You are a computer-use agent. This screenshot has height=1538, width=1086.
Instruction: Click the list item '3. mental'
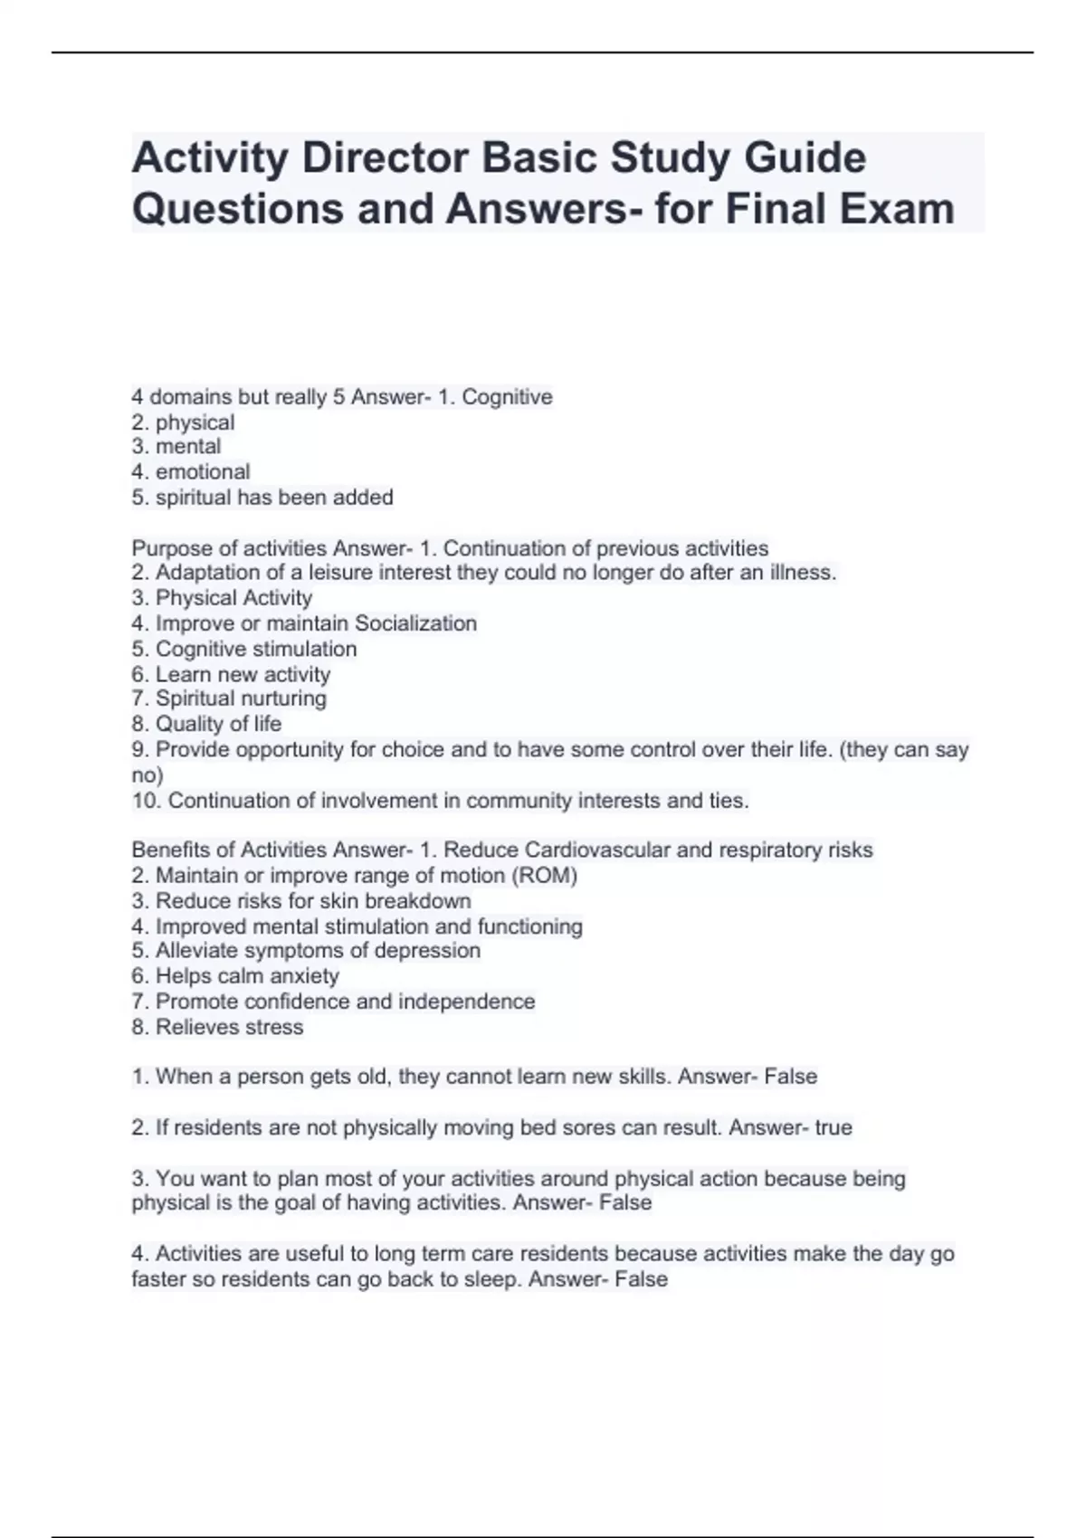[x=176, y=446]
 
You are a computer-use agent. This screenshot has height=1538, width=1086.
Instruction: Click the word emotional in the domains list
[x=203, y=471]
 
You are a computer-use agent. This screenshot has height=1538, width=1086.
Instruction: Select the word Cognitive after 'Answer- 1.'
[x=507, y=396]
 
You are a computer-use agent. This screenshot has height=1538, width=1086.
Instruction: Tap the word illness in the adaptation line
[x=800, y=572]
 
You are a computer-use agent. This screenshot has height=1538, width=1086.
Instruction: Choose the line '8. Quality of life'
[x=206, y=724]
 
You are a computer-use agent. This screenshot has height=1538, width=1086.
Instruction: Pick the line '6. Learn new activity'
[x=231, y=674]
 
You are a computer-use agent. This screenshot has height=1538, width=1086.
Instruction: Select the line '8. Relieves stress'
[x=217, y=1027]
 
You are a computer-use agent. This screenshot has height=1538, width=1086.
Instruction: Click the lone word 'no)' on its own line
[x=148, y=775]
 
